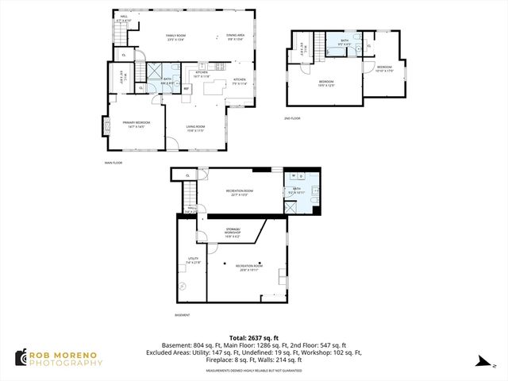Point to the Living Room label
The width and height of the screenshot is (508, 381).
tap(196, 129)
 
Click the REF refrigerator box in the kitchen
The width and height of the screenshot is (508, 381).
tap(187, 88)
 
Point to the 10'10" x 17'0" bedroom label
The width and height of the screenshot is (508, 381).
tap(384, 68)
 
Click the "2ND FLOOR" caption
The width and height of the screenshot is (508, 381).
tap(292, 118)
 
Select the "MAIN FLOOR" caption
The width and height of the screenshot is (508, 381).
tap(113, 163)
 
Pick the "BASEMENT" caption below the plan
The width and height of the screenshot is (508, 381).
tap(183, 315)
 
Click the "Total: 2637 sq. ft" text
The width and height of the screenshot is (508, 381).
tap(253, 337)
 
